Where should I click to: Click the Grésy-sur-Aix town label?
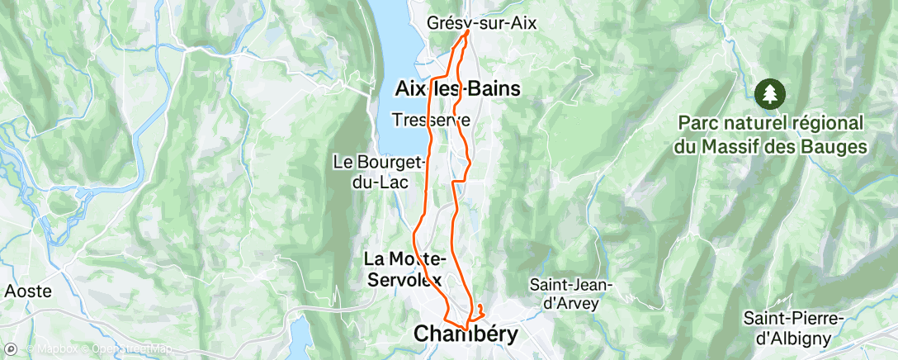482,24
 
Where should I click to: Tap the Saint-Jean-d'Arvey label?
571,293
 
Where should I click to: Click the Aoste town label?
28,291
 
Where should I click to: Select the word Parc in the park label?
697,122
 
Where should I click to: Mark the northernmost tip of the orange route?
469,31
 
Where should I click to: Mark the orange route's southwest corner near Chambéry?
446,320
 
